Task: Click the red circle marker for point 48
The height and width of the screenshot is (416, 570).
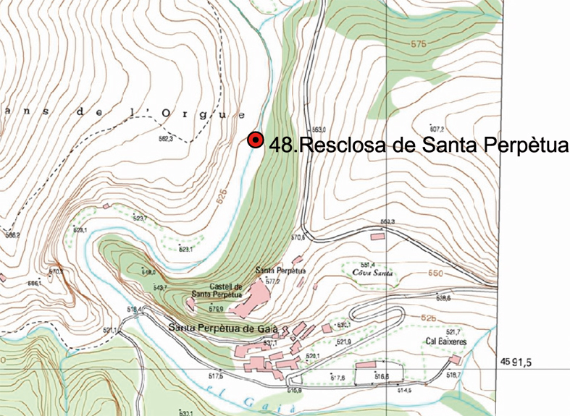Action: (x=255, y=140)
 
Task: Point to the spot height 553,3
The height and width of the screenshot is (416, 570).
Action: (x=387, y=222)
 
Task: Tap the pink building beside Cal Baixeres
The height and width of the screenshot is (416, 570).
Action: (x=455, y=359)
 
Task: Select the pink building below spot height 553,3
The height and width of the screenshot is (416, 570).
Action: (x=377, y=236)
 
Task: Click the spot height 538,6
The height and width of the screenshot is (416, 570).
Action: (x=443, y=297)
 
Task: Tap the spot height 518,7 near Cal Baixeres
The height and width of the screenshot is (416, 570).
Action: (x=453, y=375)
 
